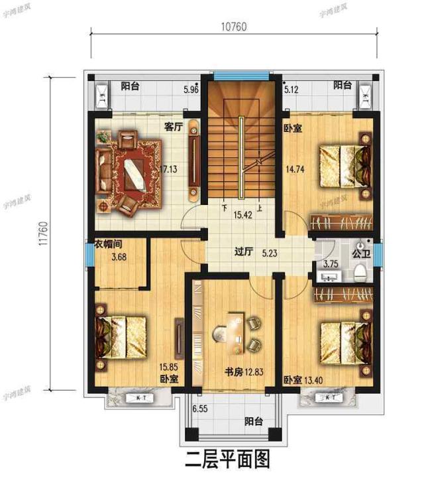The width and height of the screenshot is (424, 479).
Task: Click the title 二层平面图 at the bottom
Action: tap(228, 458)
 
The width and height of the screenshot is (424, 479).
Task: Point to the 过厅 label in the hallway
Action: tap(244, 252)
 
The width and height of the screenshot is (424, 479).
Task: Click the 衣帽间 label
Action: tap(107, 243)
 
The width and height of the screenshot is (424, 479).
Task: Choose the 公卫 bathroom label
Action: tap(360, 253)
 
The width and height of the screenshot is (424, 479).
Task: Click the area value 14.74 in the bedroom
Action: tap(295, 169)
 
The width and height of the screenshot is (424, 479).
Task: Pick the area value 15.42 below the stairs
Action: tap(241, 215)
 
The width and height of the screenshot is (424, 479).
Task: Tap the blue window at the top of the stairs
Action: tap(240, 75)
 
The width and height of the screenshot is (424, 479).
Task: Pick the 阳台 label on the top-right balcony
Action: tap(342, 85)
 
